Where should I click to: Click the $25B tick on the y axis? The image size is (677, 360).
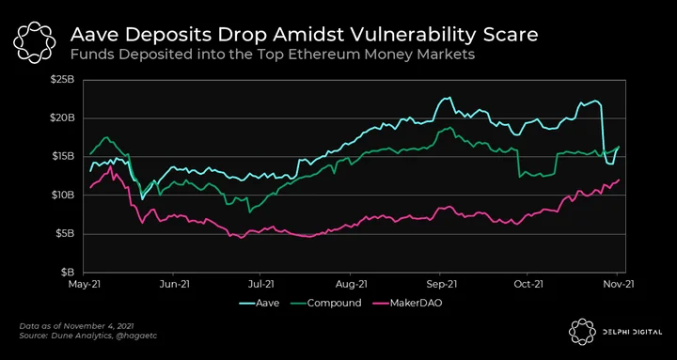(65, 80)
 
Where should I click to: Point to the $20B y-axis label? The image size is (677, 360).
(65, 118)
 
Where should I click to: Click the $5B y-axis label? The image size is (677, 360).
(68, 234)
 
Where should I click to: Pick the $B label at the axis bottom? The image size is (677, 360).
(70, 273)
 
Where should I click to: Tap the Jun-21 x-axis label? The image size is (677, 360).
(173, 284)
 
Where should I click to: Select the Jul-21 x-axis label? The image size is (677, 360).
(260, 284)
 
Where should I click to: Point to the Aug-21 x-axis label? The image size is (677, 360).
(351, 284)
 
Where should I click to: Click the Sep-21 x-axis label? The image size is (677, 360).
(440, 284)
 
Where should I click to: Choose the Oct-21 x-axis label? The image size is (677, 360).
(527, 284)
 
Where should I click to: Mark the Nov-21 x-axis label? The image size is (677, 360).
(618, 284)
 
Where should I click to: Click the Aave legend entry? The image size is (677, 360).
(260, 303)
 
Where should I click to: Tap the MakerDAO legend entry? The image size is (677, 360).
(407, 303)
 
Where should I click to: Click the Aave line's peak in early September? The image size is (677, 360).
(449, 97)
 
